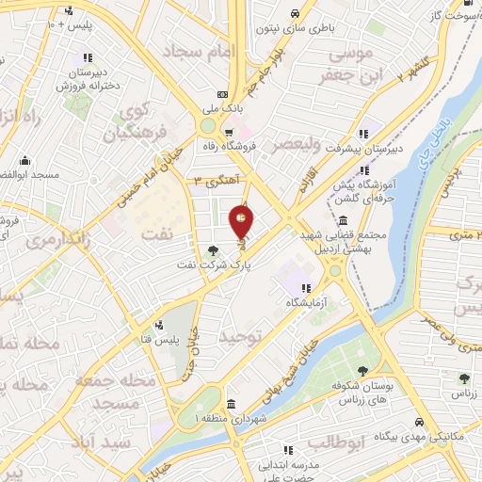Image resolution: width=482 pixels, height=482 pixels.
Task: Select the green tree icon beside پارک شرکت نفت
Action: click(212, 250)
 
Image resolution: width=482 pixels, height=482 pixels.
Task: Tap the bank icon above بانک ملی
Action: click(222, 94)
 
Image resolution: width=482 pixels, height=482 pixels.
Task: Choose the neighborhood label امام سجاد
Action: click(196, 51)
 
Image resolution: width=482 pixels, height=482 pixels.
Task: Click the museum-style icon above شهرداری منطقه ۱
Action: click(231, 403)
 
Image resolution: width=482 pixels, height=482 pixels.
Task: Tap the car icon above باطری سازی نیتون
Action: click(295, 14)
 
